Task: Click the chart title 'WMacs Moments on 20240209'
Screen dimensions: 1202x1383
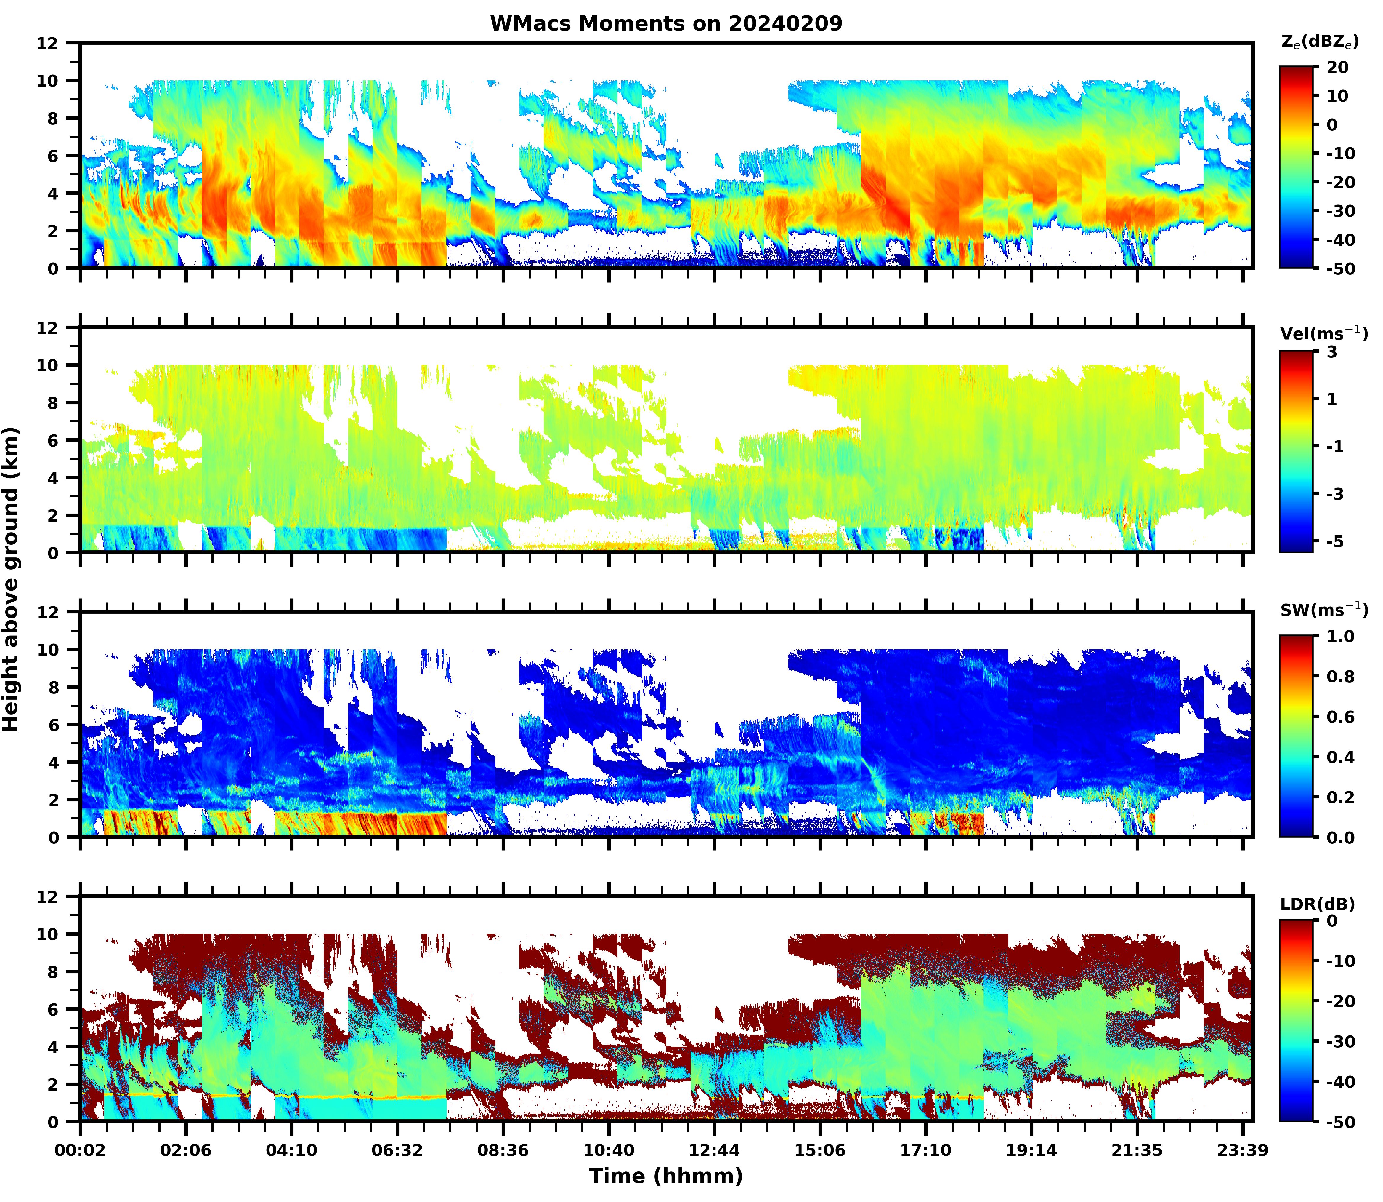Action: [x=666, y=23]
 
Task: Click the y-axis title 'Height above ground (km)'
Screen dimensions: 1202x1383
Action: [x=11, y=579]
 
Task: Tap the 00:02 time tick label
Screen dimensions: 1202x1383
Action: [x=81, y=1150]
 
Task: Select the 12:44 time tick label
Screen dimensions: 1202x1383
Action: [x=714, y=1150]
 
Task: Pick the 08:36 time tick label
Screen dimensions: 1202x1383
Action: [x=503, y=1150]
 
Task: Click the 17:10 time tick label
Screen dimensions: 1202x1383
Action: [x=925, y=1150]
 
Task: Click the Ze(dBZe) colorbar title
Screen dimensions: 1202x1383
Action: [x=1319, y=41]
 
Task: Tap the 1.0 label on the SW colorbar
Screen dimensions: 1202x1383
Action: [x=1341, y=636]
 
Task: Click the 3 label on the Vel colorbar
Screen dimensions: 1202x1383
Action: [x=1332, y=352]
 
